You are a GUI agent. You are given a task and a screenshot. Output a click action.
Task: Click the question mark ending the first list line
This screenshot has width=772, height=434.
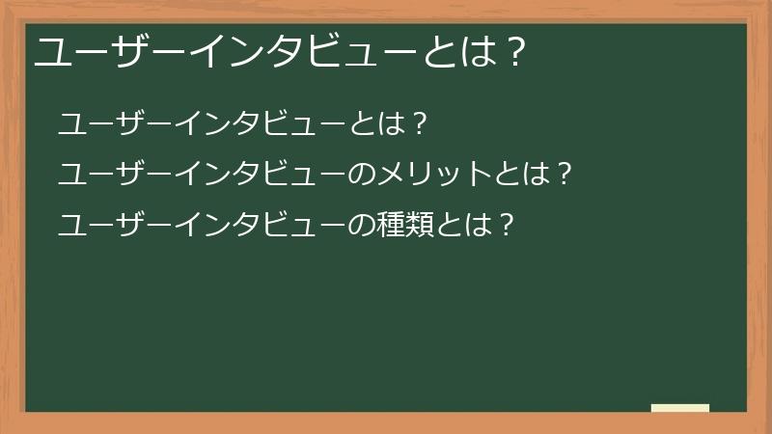[418, 124]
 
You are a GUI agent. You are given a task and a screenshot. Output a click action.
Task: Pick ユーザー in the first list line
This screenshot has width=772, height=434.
[105, 124]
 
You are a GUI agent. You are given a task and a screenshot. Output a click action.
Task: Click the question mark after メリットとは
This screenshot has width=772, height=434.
[566, 175]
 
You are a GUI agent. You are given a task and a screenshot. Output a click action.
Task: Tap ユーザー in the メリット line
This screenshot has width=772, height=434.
[105, 175]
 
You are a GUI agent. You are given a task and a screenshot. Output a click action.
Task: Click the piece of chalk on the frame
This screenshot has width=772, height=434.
[679, 408]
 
